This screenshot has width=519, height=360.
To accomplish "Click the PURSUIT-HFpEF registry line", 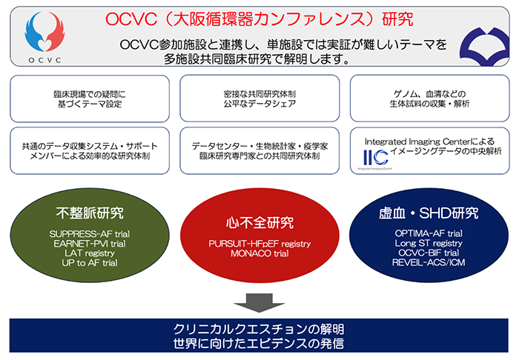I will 259,242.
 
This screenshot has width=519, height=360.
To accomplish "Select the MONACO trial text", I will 259,253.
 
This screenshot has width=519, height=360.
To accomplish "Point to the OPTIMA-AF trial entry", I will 430,233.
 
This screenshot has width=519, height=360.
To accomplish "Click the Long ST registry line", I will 430,243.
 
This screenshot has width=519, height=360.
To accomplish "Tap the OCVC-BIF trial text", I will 430,253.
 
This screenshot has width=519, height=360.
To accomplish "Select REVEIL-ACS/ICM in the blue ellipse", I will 430,262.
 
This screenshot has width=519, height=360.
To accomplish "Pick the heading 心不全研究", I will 259,223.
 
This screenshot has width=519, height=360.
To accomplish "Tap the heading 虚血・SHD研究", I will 430,216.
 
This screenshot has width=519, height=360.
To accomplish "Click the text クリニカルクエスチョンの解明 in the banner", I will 259,329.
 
